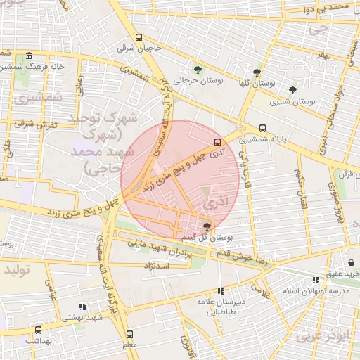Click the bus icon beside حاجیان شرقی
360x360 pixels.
(139, 38)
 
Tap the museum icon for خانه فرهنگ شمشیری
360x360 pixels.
(29, 56)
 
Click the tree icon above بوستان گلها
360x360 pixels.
(257, 72)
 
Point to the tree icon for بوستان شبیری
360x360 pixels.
(292, 90)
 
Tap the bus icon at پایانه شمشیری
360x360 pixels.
(262, 128)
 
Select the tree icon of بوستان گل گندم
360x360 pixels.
(206, 226)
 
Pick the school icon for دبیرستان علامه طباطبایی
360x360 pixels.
(221, 290)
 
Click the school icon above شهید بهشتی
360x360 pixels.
(82, 307)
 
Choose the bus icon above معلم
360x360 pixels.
(129, 334)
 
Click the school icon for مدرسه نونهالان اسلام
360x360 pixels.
(316, 280)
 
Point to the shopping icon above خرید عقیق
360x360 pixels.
(350, 262)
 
